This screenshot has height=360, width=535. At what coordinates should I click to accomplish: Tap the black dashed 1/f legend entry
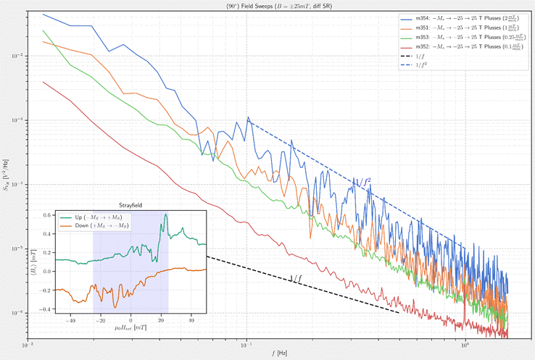[420, 56]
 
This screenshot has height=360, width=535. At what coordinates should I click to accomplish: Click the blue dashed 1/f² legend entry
[421, 64]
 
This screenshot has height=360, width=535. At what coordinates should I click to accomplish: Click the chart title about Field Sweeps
[268, 5]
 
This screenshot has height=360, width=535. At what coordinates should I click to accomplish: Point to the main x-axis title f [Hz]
[268, 354]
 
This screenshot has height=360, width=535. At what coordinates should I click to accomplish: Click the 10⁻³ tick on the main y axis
[20, 120]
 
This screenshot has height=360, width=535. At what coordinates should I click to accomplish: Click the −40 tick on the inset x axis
[70, 319]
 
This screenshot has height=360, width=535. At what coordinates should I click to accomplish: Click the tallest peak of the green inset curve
[166, 214]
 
